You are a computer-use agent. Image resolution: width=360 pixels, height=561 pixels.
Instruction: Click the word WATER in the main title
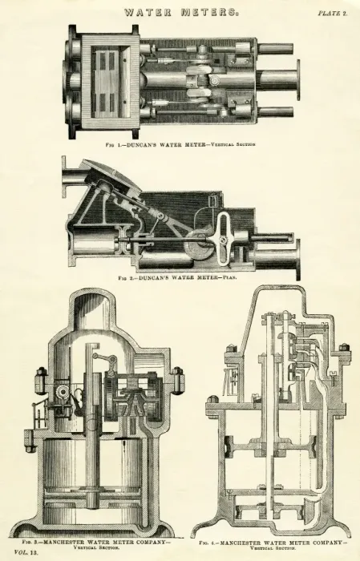click(x=148, y=13)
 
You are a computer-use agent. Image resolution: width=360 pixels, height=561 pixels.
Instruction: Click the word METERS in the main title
click(x=209, y=13)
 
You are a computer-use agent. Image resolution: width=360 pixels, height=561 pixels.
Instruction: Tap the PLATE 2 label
click(x=333, y=14)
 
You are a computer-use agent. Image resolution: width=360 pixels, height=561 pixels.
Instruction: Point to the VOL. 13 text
click(x=26, y=552)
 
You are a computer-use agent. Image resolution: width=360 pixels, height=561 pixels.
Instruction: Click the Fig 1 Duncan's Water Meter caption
click(x=180, y=145)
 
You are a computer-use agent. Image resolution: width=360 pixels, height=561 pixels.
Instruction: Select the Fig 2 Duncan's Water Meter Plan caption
click(x=177, y=277)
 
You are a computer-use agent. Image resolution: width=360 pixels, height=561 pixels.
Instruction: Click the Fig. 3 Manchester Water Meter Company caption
click(x=96, y=544)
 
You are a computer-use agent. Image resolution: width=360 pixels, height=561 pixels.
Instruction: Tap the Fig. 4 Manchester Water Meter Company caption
click(x=273, y=544)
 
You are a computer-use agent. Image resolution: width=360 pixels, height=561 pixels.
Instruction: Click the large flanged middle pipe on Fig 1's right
click(x=278, y=80)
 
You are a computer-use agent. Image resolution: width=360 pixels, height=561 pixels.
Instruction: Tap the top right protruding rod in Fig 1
click(x=275, y=47)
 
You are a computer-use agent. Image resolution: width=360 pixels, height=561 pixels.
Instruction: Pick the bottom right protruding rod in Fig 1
click(x=275, y=112)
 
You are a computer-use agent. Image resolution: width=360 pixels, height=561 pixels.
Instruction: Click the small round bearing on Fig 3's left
click(x=63, y=393)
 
